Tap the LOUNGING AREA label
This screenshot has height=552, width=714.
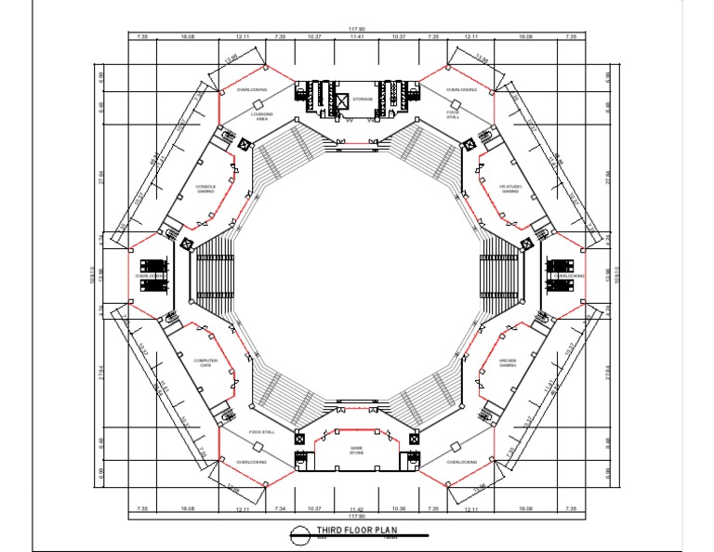pos(262,117)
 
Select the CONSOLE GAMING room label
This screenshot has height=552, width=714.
pos(205,189)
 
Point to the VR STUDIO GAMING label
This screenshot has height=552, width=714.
pos(509,189)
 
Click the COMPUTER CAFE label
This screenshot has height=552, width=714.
pos(205,363)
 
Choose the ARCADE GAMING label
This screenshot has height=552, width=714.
pos(508,363)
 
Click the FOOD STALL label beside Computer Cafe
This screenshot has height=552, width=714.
pos(262,432)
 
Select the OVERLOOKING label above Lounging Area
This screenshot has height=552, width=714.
pos(251,90)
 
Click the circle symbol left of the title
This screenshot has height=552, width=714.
pos(299,533)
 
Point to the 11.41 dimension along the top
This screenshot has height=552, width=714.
pos(358,36)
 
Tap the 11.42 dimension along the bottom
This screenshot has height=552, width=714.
pos(358,509)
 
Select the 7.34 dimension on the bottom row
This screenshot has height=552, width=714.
pos(281,509)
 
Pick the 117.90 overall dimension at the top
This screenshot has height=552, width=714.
pos(357,29)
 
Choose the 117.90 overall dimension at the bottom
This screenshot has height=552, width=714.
pos(357,517)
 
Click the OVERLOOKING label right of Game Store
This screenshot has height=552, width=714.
pos(462,462)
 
